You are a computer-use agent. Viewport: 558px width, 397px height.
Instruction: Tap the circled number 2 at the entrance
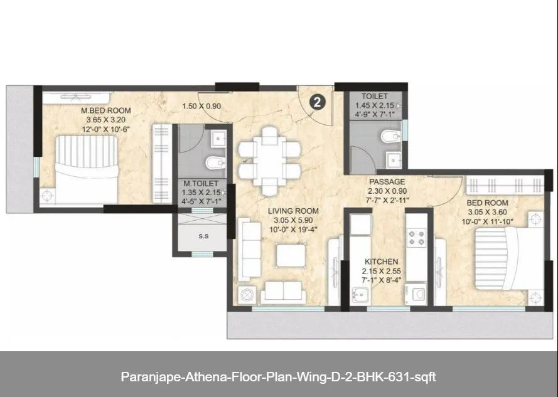click(x=318, y=103)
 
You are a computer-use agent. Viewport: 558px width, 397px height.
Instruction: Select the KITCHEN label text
click(x=381, y=262)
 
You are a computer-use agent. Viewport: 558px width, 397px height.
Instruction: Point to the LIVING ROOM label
click(x=293, y=211)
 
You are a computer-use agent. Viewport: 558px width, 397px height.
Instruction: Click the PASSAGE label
click(x=387, y=182)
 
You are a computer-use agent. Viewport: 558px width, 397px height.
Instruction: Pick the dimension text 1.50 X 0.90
click(x=201, y=106)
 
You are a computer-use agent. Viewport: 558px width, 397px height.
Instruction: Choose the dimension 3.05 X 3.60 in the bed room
click(x=486, y=213)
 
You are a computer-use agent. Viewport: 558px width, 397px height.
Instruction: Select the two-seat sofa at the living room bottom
click(x=282, y=292)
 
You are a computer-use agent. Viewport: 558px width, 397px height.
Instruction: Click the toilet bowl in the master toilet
click(x=214, y=162)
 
